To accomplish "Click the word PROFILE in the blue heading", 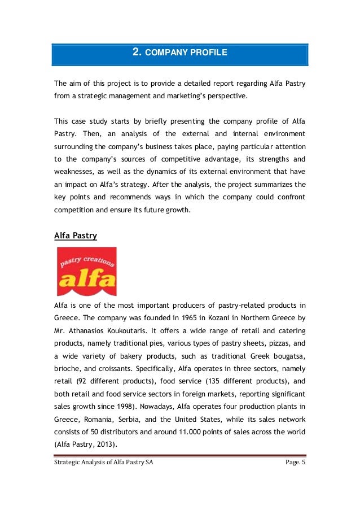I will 208,53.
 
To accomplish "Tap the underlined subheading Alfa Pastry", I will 76,235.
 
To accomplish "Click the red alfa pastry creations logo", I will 86,272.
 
